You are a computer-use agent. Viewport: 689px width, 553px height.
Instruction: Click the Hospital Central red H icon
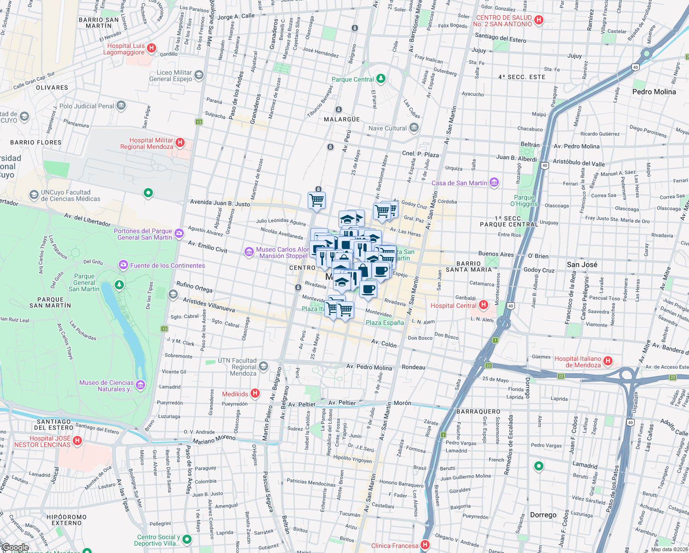[x=483, y=305]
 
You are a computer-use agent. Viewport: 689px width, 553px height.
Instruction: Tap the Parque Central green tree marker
[x=380, y=79]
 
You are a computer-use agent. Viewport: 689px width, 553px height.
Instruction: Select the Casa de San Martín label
[x=459, y=183]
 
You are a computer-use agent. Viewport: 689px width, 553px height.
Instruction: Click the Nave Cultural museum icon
[x=414, y=128]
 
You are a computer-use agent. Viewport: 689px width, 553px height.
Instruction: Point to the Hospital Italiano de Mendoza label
[x=578, y=362]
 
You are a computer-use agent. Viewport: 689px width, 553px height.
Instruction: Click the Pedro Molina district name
[x=654, y=92]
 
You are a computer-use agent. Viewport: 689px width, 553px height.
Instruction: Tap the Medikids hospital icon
[x=255, y=394]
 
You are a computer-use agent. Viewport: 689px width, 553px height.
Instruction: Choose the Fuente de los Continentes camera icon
[x=123, y=265]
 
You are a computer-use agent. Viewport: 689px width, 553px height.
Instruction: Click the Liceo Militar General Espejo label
[x=170, y=76]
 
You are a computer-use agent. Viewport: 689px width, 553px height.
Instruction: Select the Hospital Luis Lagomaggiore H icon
[x=151, y=48]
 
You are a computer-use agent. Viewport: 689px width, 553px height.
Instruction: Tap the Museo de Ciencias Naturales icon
[x=140, y=385]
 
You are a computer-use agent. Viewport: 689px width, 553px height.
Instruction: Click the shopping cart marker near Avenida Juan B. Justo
[x=317, y=200]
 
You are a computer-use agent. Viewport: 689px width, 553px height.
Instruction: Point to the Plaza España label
[x=385, y=323]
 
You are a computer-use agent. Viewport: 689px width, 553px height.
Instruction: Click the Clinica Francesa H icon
[x=425, y=545]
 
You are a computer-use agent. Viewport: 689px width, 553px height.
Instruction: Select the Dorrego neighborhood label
[x=543, y=515]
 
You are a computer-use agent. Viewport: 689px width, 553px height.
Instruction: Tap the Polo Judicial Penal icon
[x=121, y=106]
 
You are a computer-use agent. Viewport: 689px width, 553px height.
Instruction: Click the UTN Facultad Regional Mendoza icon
[x=263, y=366]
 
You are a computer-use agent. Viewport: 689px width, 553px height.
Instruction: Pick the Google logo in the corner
[x=15, y=547]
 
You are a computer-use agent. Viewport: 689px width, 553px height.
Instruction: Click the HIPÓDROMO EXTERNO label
[x=66, y=520]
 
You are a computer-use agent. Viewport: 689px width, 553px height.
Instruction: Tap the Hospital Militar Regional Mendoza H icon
[x=180, y=143]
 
